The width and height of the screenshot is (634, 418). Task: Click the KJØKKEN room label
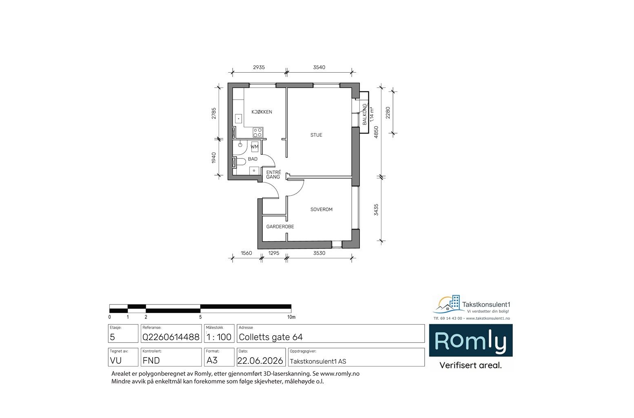tap(262, 112)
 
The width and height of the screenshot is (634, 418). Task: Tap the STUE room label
tap(316, 135)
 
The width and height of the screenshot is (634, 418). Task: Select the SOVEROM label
tap(321, 209)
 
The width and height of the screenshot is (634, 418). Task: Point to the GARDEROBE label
tap(280, 227)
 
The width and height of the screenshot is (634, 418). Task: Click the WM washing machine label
tap(255, 147)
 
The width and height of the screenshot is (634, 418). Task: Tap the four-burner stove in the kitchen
tap(258, 132)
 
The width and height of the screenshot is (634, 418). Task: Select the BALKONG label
tap(365, 114)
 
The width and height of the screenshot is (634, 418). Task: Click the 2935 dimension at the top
tap(259, 67)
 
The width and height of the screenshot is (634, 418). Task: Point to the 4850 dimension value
tap(376, 132)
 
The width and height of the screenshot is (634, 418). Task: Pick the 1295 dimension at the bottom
tap(274, 253)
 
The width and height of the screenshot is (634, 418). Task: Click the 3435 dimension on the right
tap(376, 210)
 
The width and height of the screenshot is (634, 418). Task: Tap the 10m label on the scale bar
tap(291, 317)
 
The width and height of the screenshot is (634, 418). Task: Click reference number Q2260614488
tap(171, 337)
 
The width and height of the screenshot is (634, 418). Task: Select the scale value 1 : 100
tap(219, 337)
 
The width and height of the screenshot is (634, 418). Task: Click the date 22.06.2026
tap(260, 360)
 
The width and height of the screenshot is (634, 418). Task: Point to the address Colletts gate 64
tap(270, 337)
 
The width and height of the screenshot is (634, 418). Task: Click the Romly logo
tap(471, 340)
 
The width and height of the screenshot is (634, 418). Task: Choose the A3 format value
tap(212, 360)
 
